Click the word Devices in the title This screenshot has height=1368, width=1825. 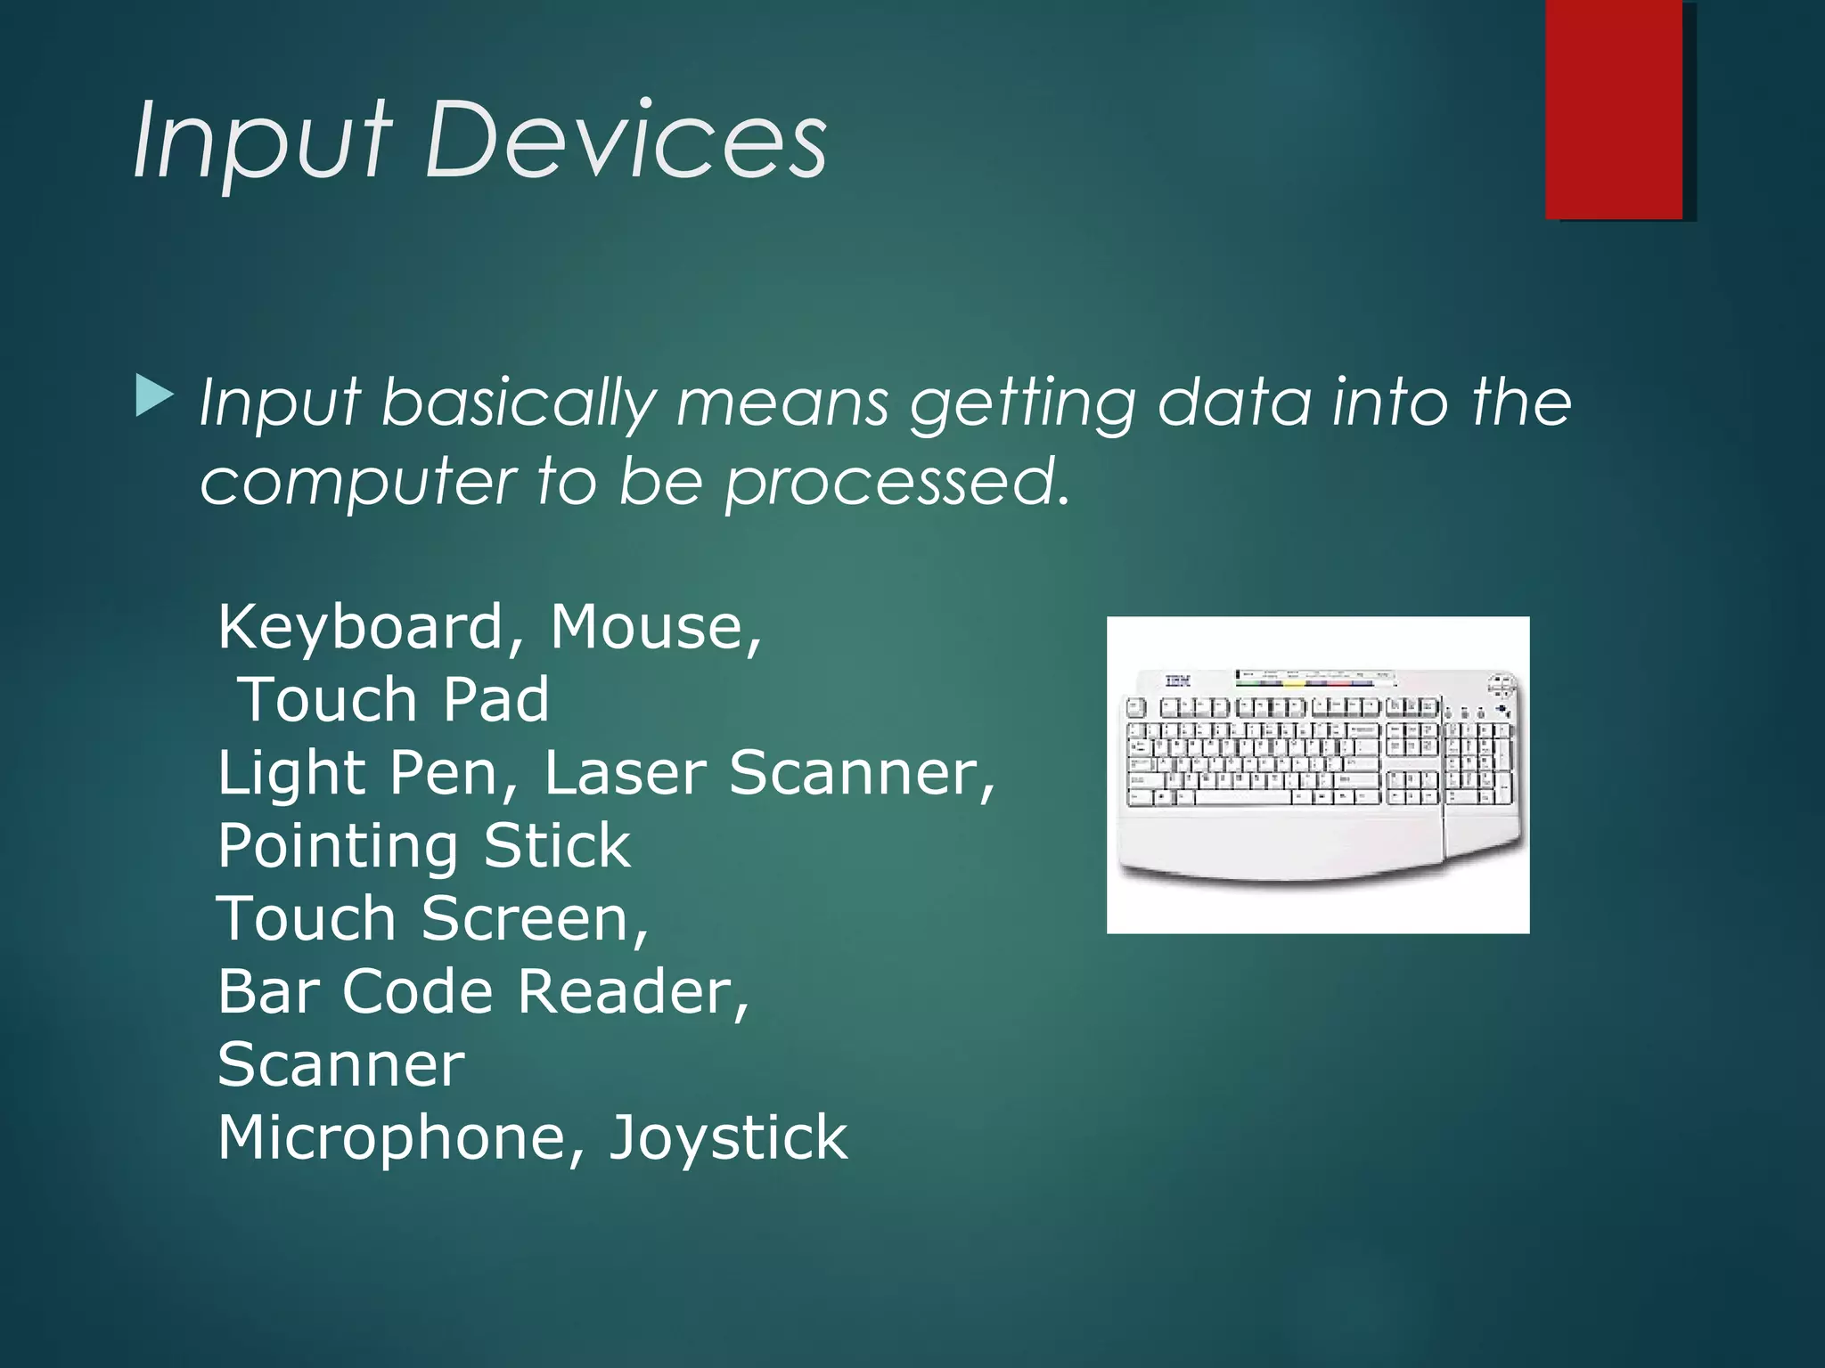pos(626,140)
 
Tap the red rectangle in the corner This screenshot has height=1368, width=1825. pos(1614,109)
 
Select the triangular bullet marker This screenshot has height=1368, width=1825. pos(154,396)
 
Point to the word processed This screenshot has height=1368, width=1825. pos(896,482)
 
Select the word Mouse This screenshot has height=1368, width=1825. pos(655,627)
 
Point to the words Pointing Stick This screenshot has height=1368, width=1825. pos(424,845)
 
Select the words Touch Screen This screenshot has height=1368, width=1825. pos(432,918)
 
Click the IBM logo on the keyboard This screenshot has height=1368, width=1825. pos(1177,681)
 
